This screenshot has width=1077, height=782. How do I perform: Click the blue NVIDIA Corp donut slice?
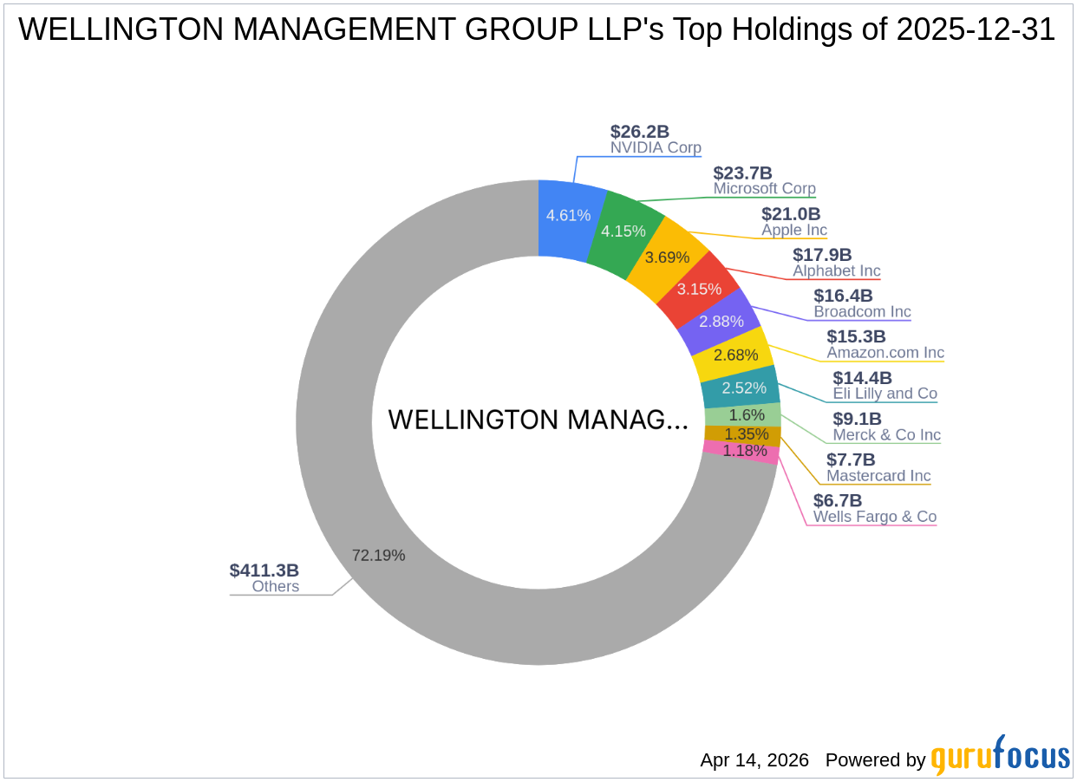(x=568, y=215)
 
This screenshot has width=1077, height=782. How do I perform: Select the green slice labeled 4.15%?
(x=623, y=231)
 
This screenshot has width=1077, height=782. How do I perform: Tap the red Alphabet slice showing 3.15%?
(x=700, y=289)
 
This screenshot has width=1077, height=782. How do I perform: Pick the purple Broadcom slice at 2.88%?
(x=721, y=321)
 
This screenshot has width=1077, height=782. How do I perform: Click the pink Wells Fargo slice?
(x=745, y=451)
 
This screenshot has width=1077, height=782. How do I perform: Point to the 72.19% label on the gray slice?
(x=378, y=555)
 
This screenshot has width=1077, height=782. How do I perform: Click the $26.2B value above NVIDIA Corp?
(x=640, y=132)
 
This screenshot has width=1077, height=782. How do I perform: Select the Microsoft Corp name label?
(x=764, y=188)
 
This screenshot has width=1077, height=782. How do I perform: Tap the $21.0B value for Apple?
(x=791, y=213)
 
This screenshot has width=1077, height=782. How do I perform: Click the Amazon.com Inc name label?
(x=884, y=353)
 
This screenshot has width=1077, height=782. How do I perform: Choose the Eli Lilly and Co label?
(x=884, y=394)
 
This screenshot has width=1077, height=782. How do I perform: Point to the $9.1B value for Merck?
(x=857, y=419)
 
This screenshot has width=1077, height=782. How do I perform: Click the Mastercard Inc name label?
(x=878, y=476)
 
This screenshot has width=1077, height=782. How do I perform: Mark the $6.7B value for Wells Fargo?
(x=838, y=500)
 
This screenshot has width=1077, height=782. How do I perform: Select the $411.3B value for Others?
(x=264, y=570)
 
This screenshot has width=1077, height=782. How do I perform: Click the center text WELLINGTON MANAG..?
(x=538, y=420)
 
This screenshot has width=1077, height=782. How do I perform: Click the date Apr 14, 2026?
(x=754, y=760)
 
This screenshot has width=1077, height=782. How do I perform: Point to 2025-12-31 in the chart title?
(x=976, y=30)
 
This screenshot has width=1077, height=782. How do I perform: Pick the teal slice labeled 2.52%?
(x=743, y=388)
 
